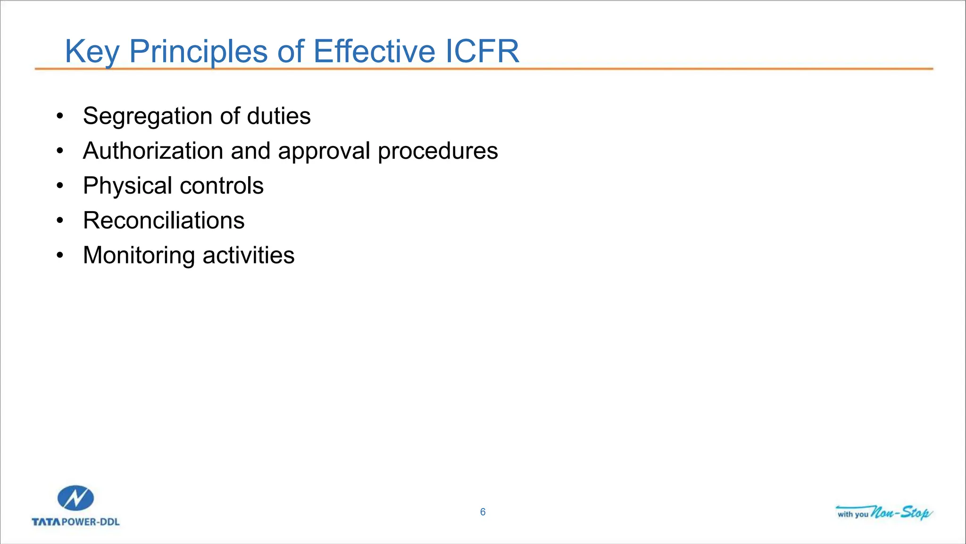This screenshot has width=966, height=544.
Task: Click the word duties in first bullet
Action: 279,116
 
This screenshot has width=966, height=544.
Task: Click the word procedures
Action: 438,151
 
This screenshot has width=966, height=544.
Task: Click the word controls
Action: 222,186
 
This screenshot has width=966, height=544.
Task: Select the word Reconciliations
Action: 164,221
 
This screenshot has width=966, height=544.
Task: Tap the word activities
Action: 249,255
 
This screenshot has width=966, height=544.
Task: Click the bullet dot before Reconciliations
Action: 59,221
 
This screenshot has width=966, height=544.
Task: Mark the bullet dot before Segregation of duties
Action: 59,116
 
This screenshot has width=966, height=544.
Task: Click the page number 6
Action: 483,512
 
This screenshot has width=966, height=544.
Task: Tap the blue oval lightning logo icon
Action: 75,498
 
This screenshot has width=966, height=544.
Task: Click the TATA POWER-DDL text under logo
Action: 75,522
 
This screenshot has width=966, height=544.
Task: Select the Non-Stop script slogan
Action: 901,512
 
